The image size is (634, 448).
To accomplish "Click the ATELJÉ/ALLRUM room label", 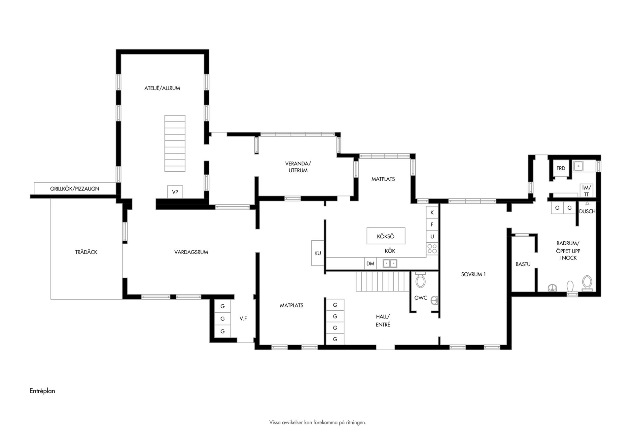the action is (162, 88).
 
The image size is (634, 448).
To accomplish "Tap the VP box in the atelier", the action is (175, 192).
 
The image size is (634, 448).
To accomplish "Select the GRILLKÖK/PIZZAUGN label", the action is (75, 189).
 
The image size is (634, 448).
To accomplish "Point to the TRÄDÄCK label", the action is (86, 252).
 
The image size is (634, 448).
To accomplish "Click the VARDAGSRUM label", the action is (191, 252).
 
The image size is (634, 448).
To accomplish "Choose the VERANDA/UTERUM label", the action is (298, 167).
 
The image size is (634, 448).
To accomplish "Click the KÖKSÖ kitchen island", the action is (386, 236).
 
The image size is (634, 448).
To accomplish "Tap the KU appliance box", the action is (318, 253).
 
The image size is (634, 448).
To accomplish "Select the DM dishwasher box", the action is (370, 263).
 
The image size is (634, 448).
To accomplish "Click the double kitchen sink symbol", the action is (390, 263).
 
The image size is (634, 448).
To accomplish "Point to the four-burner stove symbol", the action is (432, 249).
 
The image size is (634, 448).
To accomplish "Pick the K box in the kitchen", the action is (432, 213).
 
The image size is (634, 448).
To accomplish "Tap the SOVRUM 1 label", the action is (474, 274).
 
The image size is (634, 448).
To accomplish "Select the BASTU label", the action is (523, 264).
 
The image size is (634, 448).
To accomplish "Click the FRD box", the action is (561, 168).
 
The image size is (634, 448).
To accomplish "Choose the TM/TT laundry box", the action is (586, 191).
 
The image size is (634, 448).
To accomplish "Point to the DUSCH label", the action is (587, 211).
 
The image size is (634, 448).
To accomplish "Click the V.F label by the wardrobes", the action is (243, 319).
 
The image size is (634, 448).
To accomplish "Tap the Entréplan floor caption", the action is (42, 391).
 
